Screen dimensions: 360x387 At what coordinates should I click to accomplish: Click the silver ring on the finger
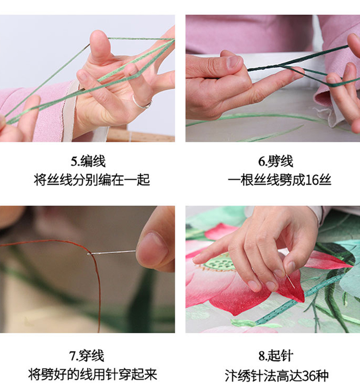click(x=141, y=103)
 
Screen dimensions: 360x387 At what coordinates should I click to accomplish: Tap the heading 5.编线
click(x=88, y=161)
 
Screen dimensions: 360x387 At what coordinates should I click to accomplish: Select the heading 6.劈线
click(x=276, y=161)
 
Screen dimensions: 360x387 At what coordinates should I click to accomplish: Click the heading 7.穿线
click(x=87, y=356)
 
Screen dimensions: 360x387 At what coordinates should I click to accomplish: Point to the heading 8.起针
click(x=276, y=356)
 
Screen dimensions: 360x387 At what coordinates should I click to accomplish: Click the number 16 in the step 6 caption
click(x=312, y=180)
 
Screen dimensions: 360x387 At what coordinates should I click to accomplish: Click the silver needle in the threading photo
click(x=112, y=253)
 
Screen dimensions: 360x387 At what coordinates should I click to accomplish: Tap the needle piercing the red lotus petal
click(x=290, y=281)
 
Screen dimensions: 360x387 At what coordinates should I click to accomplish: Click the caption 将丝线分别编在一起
click(x=92, y=180)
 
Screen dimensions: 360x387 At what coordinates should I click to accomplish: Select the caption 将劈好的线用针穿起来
click(x=93, y=375)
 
